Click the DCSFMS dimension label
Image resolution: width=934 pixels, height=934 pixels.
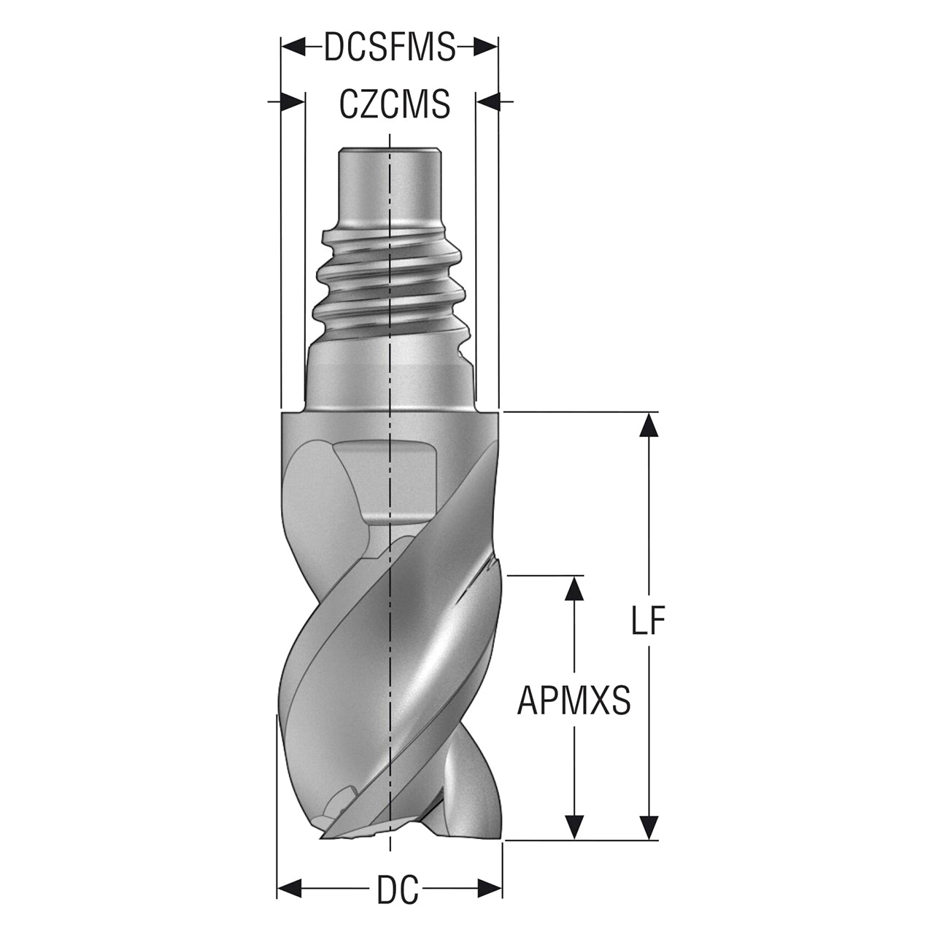[x=390, y=47]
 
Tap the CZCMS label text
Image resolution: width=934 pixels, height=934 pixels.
[x=395, y=104]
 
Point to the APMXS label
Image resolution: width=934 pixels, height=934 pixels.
[x=574, y=700]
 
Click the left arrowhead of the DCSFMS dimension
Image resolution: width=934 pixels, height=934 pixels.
[x=294, y=47]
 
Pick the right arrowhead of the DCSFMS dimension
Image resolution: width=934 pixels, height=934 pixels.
[x=486, y=47]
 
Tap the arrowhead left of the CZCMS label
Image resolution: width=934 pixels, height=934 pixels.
[x=293, y=102]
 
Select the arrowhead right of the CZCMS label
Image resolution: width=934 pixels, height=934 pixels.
[x=487, y=102]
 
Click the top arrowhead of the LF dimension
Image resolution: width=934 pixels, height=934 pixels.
[x=649, y=425]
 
